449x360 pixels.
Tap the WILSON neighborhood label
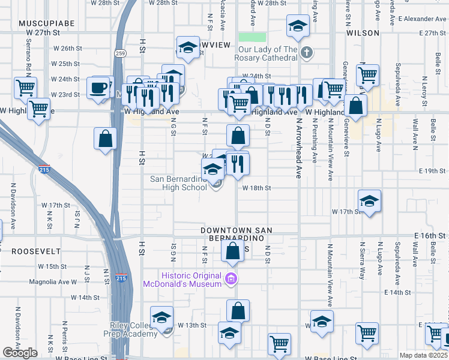click(363, 32)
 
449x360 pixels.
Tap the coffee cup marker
click(98, 88)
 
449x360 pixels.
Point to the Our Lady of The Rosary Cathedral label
click(268, 53)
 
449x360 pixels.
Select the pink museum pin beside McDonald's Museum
click(231, 279)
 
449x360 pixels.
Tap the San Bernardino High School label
click(178, 183)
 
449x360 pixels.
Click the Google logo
click(20, 353)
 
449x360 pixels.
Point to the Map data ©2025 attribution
click(424, 355)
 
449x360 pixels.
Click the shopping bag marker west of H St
click(106, 139)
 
